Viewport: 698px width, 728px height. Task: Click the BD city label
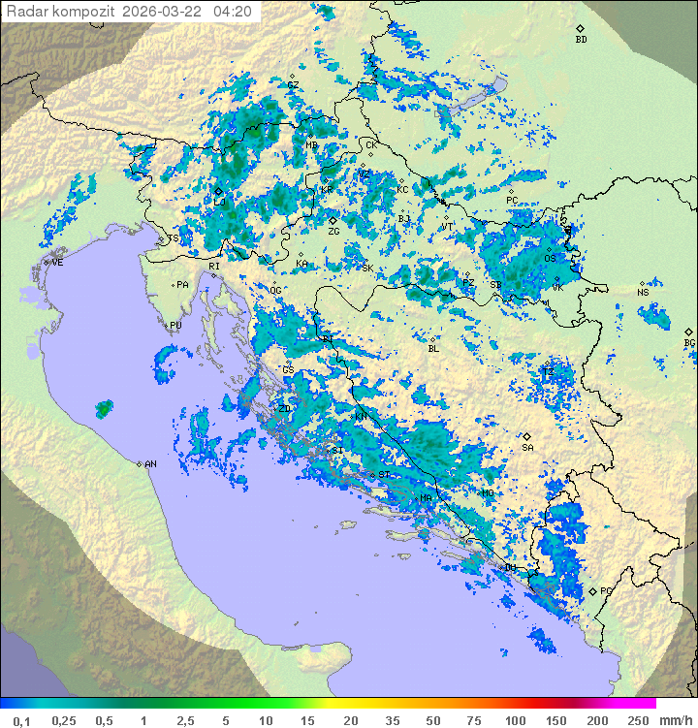pyautogui.click(x=581, y=40)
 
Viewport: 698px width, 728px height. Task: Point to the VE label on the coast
pyautogui.click(x=57, y=263)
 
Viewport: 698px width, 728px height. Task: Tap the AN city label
pyautogui.click(x=150, y=464)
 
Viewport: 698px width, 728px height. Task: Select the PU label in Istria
pyautogui.click(x=175, y=326)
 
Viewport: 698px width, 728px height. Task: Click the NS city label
pyautogui.click(x=643, y=293)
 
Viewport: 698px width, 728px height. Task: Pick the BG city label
pyautogui.click(x=689, y=343)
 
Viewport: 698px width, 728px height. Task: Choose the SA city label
pyautogui.click(x=527, y=448)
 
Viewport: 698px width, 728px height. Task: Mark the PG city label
pyautogui.click(x=606, y=590)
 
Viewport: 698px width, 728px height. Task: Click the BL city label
pyautogui.click(x=433, y=349)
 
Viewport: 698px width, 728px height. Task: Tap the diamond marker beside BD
pyautogui.click(x=580, y=29)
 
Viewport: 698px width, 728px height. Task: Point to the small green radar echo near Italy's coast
pyautogui.click(x=103, y=409)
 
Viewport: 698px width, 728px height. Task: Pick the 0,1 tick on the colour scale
pyautogui.click(x=21, y=720)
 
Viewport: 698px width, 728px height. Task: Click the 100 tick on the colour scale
pyautogui.click(x=514, y=720)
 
